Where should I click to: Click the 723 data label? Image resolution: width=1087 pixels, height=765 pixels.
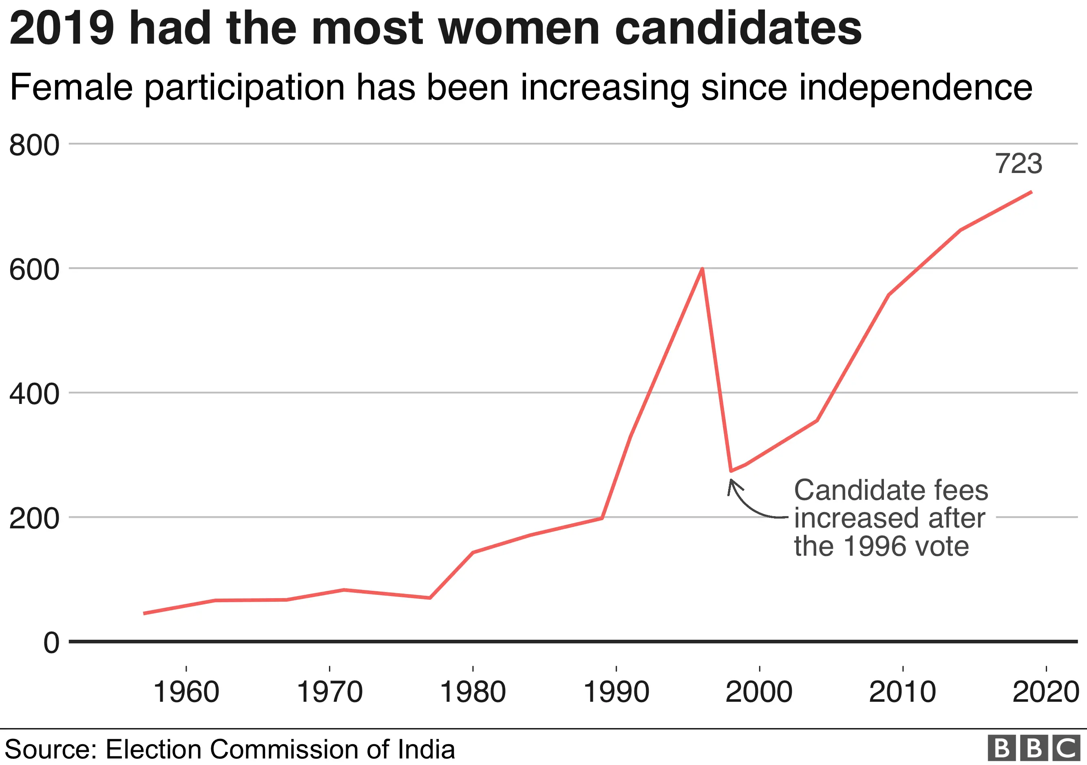coord(1019,164)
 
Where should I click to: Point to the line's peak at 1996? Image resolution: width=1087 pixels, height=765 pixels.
coord(702,269)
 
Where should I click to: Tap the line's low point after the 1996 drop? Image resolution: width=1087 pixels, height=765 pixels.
coord(731,471)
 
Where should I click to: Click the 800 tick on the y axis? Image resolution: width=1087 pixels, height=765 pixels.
coord(34,145)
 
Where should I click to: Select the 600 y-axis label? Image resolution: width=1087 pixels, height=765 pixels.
coord(34,270)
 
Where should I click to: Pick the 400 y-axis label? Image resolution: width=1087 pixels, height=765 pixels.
coord(34,394)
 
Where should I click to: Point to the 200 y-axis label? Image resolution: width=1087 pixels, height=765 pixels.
coord(34,519)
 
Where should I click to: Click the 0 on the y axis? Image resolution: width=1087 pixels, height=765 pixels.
coord(52,643)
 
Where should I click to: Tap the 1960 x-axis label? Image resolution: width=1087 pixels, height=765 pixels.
coord(186,692)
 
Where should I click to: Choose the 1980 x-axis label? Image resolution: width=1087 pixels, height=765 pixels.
coord(473,692)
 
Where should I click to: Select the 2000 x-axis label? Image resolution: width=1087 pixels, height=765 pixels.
coord(759,692)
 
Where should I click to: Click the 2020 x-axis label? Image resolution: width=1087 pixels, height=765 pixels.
coord(1045,692)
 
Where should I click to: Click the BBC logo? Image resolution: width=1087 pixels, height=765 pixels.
coord(1034,748)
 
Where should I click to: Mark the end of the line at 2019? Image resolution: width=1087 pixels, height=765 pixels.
coord(1031,192)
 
